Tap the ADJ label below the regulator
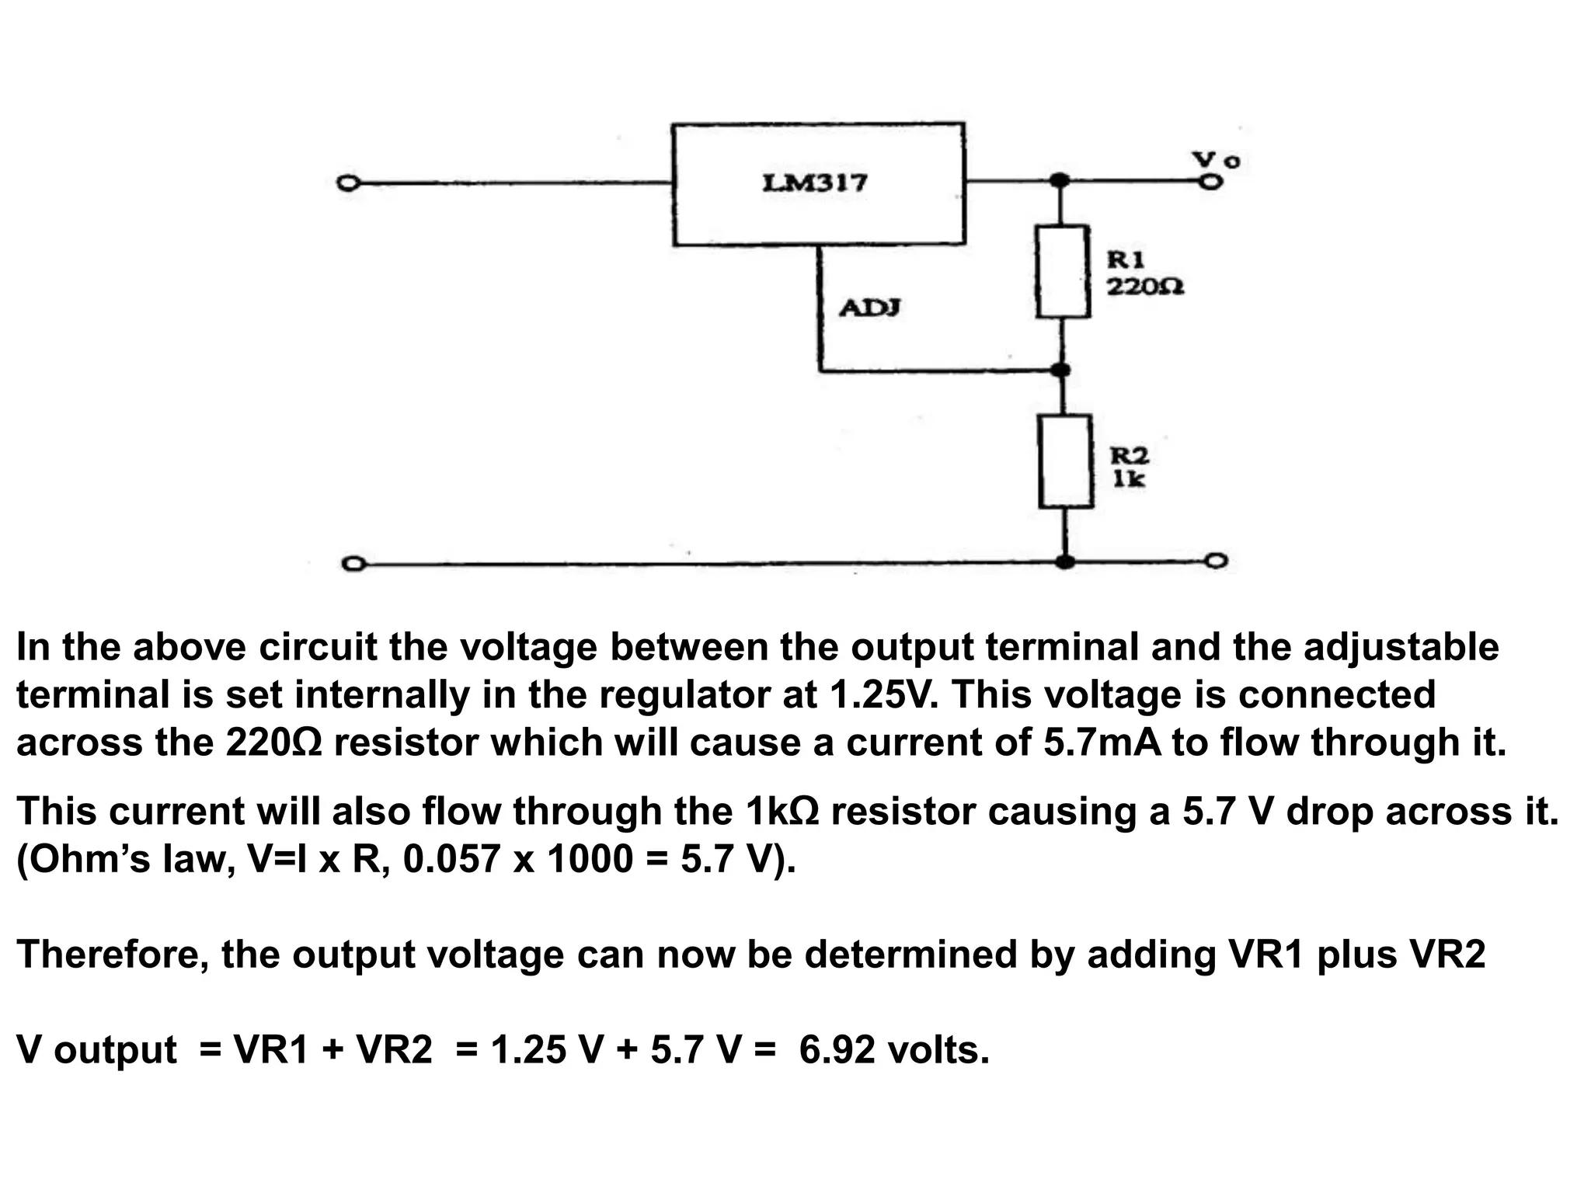click(x=870, y=308)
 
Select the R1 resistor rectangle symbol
click(x=1063, y=272)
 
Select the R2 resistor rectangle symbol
click(x=1066, y=462)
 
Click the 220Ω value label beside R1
click(x=1145, y=287)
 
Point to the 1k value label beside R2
click(x=1129, y=479)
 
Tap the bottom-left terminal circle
click(x=352, y=564)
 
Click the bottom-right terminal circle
click(x=1217, y=561)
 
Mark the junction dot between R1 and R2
click(x=1063, y=370)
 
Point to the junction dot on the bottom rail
click(x=1066, y=561)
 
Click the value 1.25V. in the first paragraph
click(x=884, y=694)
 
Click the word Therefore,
click(x=112, y=955)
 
